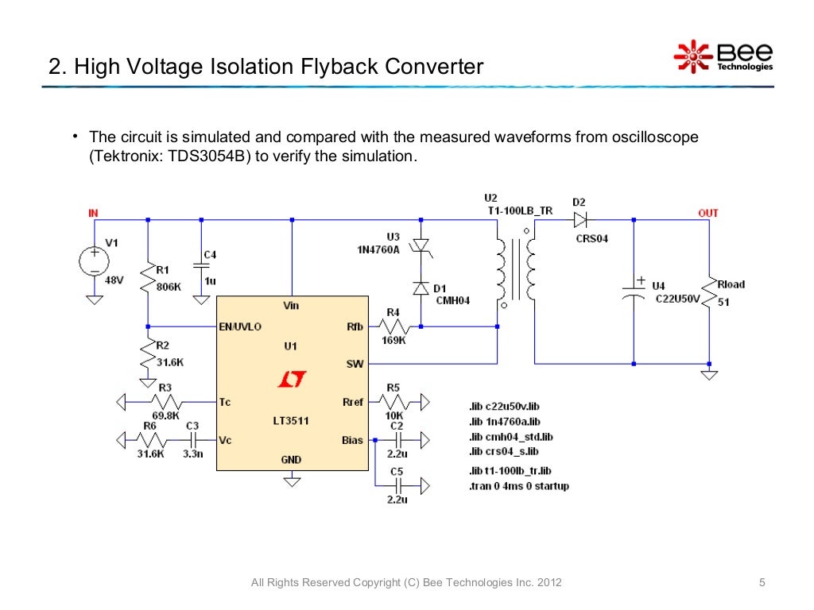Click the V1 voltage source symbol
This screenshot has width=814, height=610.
coord(94,261)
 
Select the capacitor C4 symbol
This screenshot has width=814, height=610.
coord(201,266)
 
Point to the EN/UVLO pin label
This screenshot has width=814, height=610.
coord(240,326)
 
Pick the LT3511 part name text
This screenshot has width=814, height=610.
coord(291,421)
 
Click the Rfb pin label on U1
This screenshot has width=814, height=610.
coord(353,326)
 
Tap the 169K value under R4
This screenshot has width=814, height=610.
coord(394,340)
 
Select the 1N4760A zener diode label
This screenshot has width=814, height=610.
coord(378,249)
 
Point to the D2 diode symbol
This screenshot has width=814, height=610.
coord(579,219)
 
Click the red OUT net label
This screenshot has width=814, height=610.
coord(707,213)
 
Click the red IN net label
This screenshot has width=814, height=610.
coord(93,213)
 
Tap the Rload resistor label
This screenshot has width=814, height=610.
coord(731,284)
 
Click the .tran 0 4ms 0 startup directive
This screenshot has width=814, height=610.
coord(518,486)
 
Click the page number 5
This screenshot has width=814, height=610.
coord(762,584)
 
